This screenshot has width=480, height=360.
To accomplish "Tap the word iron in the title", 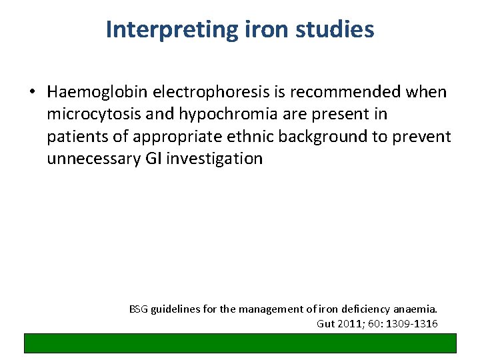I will point(255,30).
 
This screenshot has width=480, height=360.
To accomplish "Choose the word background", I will point(335,137).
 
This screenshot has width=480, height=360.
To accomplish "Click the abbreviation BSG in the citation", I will point(138,309).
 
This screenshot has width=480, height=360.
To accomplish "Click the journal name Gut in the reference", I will point(325,324).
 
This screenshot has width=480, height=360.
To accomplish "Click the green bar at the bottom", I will point(240,343).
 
